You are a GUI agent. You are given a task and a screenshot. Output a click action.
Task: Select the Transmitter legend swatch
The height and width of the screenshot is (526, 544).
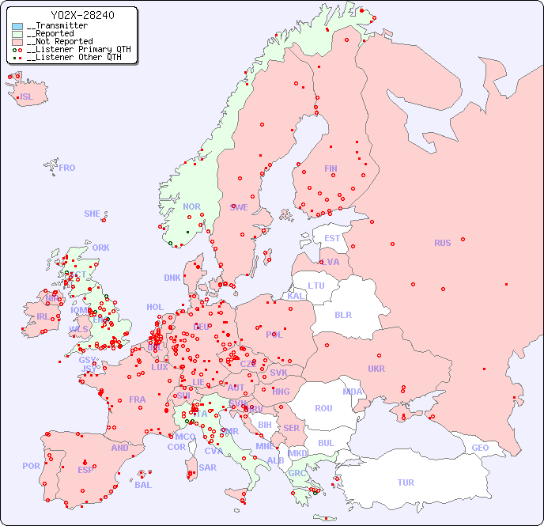pos(17,26)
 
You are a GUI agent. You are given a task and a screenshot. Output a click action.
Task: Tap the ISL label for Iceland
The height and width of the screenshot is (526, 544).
pos(27,97)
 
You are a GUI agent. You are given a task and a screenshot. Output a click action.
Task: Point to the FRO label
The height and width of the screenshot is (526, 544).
pos(67,168)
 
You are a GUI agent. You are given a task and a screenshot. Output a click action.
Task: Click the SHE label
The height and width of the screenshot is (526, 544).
pos(92,214)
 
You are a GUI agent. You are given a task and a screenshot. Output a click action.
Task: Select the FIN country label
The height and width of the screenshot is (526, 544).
pos(331,168)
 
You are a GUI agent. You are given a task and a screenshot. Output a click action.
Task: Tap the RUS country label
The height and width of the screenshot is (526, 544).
pos(442,243)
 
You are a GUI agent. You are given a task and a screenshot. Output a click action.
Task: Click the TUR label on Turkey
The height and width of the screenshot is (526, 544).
pos(406,482)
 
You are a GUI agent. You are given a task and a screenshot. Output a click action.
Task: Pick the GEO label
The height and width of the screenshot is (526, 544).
pos(480,448)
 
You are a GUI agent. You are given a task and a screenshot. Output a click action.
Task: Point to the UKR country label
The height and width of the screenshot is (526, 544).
pos(376,369)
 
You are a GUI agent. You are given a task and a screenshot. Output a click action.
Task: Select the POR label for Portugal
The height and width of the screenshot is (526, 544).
pos(31,466)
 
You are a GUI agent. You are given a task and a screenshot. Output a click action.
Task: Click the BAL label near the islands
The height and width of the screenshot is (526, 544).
pos(142,485)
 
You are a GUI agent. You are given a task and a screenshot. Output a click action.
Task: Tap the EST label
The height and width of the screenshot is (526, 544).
pos(332,238)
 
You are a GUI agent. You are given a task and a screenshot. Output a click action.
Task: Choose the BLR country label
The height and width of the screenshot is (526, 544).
pos(342,314)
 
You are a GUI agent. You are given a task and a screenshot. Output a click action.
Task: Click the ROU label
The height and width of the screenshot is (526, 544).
pos(323,408)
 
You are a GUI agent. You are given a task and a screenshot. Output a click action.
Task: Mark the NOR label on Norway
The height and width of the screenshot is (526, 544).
pos(191,206)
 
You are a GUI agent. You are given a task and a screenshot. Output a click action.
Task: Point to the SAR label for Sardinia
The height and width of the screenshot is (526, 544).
pos(207,467)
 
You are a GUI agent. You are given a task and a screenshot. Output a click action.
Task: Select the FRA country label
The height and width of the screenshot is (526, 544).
pos(138,399)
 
